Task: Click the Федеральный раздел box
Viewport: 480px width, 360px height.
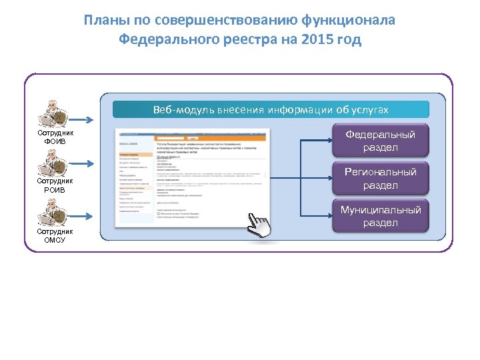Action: coord(380,141)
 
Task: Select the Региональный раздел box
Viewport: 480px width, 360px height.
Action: coord(380,179)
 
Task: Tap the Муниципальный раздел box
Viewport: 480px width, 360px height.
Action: coord(380,216)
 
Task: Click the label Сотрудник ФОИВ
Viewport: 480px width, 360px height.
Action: coord(55,137)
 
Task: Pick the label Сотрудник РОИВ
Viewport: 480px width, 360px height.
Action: coord(55,185)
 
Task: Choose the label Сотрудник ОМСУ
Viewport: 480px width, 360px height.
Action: coord(55,235)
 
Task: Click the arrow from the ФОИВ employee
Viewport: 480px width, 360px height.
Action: coord(86,120)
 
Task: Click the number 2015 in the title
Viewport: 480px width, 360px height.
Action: coord(316,40)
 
